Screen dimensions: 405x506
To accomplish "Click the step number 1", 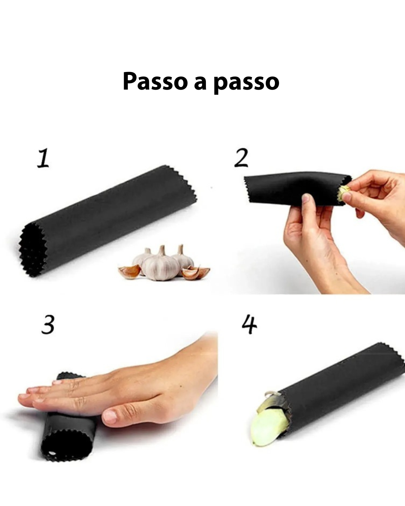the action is tap(43, 158).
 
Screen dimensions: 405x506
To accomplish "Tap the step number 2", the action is tap(241, 158).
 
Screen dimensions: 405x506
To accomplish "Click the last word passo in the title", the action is tap(246, 83).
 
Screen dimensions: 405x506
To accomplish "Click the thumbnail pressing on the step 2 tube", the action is tap(306, 197).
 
